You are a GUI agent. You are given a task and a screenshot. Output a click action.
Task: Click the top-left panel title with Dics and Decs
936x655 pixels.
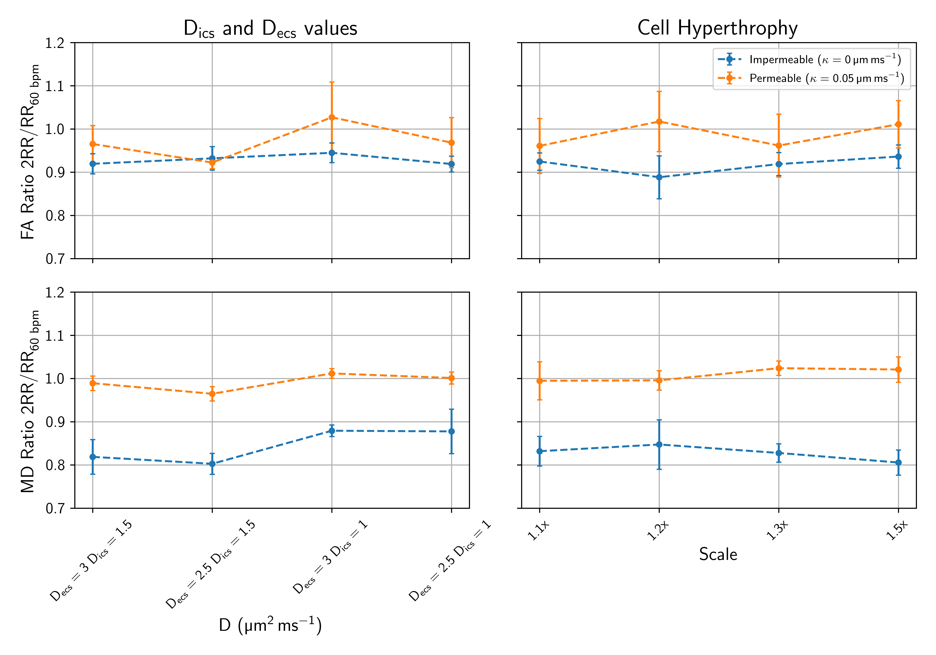[x=270, y=29]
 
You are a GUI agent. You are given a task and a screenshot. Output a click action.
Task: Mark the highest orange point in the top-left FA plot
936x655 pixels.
[x=332, y=117]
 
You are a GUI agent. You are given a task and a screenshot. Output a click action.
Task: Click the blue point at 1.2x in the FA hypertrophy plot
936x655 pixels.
[x=659, y=177]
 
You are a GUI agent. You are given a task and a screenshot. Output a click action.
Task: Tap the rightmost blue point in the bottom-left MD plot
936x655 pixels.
[x=451, y=431]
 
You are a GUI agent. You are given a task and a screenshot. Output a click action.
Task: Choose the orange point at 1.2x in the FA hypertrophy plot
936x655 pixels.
[x=659, y=121]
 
